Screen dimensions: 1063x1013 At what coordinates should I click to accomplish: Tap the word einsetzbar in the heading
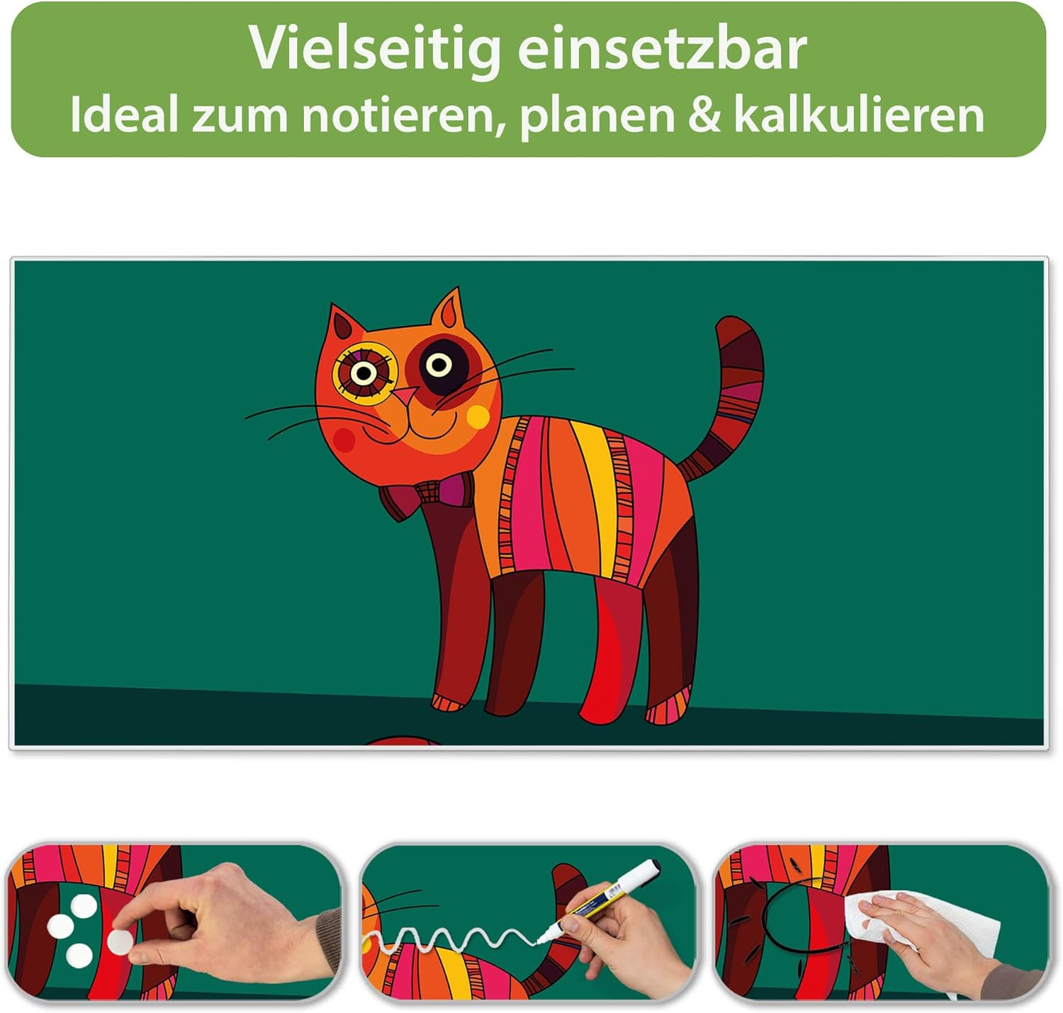click(663, 49)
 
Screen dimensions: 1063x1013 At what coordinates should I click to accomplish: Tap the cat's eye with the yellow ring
click(364, 373)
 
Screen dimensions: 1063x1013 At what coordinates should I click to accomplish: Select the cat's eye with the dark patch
click(439, 366)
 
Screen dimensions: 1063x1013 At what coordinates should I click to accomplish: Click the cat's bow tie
click(427, 494)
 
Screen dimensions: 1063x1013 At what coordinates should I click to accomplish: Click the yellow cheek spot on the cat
click(478, 417)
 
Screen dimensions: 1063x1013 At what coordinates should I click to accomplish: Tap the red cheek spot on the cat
click(344, 439)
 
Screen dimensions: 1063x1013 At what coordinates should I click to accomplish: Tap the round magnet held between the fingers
click(120, 941)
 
